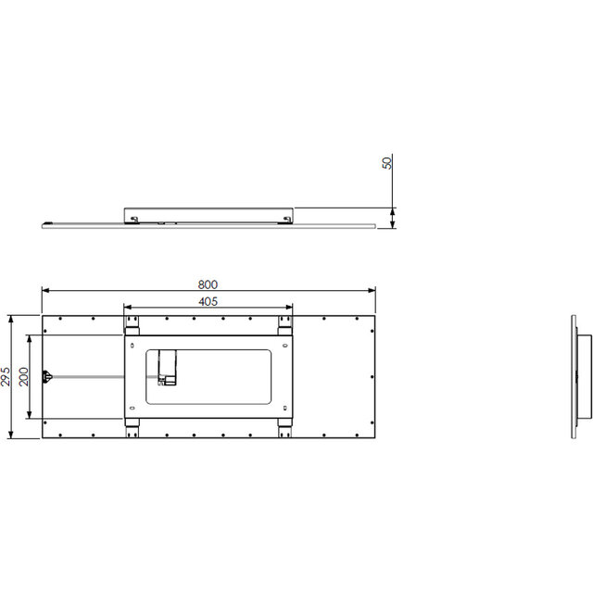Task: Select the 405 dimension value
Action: (x=208, y=301)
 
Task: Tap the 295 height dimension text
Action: (x=7, y=376)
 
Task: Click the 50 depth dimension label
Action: (x=386, y=163)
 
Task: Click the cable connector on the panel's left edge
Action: (x=48, y=376)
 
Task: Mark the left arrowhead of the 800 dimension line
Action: (x=44, y=291)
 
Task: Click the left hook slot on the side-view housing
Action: (x=135, y=219)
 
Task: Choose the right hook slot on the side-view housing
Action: (x=284, y=219)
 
